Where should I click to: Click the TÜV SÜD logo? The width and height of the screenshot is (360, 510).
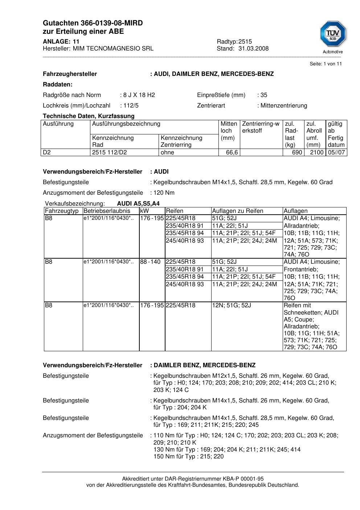click(x=333, y=35)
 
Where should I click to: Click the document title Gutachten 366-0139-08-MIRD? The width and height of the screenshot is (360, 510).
click(x=93, y=23)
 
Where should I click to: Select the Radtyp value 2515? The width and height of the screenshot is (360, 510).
click(x=245, y=42)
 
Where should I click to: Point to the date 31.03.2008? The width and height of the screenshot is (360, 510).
click(x=253, y=49)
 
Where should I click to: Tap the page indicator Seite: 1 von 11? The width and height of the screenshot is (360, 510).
click(x=326, y=64)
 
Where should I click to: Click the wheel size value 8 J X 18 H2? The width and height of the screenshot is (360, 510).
click(x=139, y=95)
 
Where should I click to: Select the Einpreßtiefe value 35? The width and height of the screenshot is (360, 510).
click(x=263, y=95)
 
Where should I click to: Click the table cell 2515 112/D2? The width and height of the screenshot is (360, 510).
click(x=110, y=153)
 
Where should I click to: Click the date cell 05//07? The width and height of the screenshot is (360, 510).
click(x=336, y=153)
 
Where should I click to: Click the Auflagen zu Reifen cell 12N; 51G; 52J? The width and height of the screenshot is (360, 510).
click(x=231, y=305)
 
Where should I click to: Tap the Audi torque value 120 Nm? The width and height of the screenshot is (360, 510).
click(x=164, y=193)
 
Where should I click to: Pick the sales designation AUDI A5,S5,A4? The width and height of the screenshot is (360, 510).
click(x=138, y=204)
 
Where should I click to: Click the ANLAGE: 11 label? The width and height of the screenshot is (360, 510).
click(x=61, y=42)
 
